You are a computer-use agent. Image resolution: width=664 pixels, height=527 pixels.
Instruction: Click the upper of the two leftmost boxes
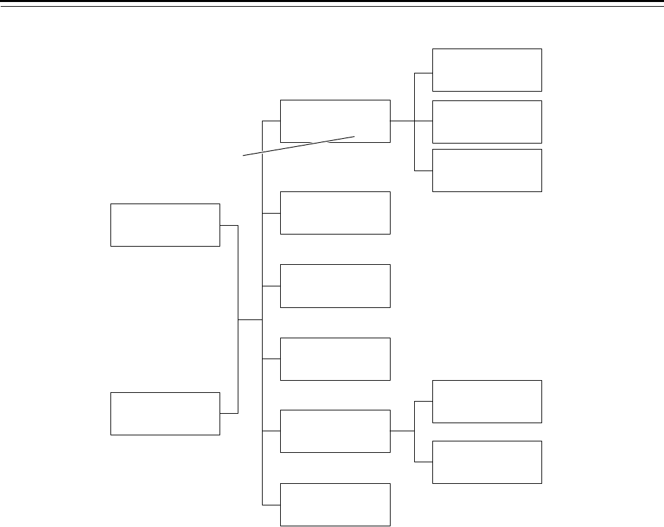coord(165,224)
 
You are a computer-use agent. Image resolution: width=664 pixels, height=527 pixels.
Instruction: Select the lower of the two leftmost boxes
coord(165,413)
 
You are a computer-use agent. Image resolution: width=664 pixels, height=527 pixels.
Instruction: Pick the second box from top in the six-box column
coord(335,213)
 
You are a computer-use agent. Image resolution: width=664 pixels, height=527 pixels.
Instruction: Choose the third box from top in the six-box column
coord(335,286)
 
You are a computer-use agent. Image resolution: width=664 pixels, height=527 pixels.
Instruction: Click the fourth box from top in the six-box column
coord(335,359)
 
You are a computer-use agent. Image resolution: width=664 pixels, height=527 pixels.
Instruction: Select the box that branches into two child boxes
coord(335,431)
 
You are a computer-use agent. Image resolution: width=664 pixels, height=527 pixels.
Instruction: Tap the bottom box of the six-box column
coord(335,504)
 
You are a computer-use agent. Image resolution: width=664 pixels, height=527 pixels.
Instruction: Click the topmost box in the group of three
coord(486,69)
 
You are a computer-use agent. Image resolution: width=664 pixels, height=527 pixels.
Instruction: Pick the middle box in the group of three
coord(486,121)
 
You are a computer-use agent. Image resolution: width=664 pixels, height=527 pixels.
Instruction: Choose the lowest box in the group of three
coord(486,170)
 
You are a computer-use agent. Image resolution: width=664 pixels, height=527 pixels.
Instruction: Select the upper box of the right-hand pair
coord(486,402)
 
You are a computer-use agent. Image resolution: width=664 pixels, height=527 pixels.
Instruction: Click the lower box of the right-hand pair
coord(486,462)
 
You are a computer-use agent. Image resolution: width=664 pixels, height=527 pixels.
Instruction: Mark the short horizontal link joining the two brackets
coord(250,319)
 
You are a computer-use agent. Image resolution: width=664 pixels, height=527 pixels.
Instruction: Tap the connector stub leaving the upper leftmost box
coord(229,225)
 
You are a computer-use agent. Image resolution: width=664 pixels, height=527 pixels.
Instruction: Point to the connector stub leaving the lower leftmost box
coord(229,413)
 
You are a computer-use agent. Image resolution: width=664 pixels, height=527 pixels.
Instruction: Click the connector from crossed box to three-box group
coord(402,121)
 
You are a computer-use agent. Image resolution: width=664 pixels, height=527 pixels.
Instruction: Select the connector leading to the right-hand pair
coord(402,431)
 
